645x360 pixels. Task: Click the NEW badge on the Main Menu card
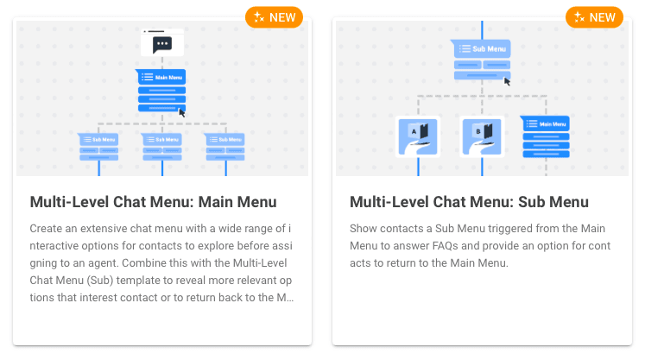coord(274,17)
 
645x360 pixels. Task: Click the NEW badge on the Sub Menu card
coord(594,17)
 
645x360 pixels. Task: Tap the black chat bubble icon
coord(162,44)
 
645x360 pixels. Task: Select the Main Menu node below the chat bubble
coord(161,91)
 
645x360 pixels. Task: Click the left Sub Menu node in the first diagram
coord(98,147)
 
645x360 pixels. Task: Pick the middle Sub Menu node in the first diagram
coord(162,147)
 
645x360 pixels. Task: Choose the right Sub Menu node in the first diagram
coord(225,147)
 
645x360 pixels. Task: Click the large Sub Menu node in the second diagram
coord(481,60)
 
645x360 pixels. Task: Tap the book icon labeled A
coord(418,137)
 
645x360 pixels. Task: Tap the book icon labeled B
coord(482,137)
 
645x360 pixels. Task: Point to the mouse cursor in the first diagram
coord(182,112)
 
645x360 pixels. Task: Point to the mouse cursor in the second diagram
coord(507,81)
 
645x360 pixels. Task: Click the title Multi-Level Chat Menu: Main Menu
coord(153,202)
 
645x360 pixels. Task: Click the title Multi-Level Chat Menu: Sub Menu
coord(469,202)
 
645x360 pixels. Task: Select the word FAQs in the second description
coord(445,246)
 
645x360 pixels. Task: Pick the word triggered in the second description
coord(519,229)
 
